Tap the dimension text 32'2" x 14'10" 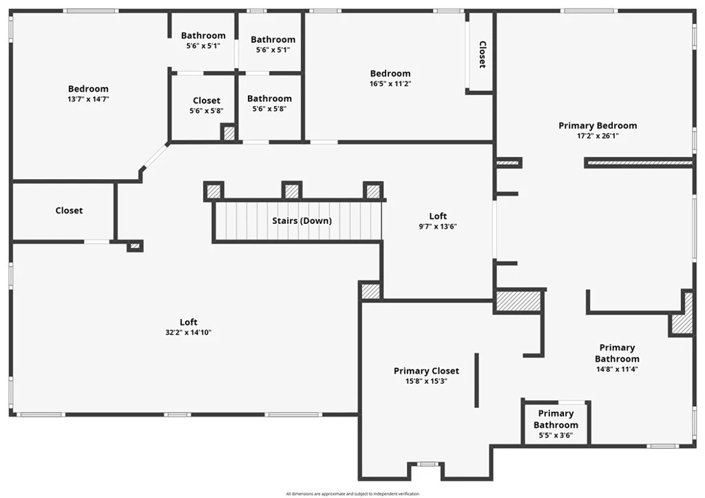pos(189,332)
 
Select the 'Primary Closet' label pos(426,371)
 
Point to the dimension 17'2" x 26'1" pos(597,136)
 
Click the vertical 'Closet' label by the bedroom pos(482,54)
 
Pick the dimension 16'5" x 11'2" pos(390,83)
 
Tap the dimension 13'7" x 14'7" pos(88,98)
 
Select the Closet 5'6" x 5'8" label pos(207,101)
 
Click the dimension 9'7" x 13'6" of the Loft pos(438,226)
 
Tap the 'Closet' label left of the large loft pos(69,210)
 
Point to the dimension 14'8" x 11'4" pos(617,369)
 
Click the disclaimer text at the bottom pos(352,493)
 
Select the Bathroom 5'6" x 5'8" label pos(269,98)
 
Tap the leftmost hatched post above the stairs pos(214,190)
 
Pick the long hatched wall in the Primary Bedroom pos(638,163)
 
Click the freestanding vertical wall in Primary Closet pos(476,380)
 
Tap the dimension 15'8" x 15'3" pos(426,381)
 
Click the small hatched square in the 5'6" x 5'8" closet pos(229,132)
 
